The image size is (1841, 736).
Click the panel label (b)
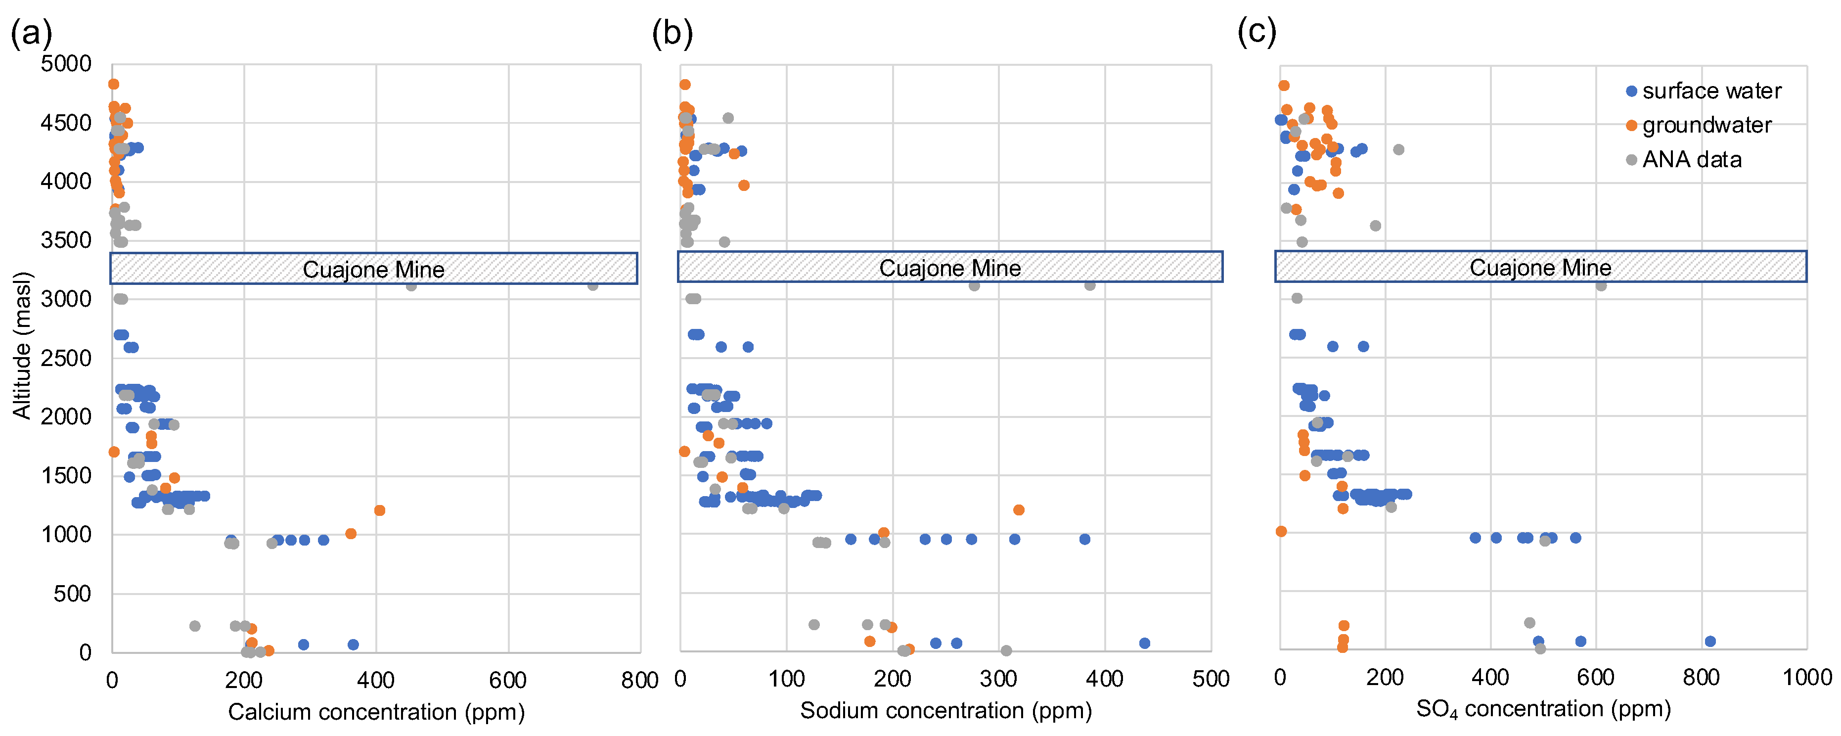pos(672,33)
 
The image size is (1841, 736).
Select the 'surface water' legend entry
pos(1710,91)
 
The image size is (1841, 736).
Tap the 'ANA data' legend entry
pos(1691,159)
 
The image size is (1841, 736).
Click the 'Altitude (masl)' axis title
pos(22,345)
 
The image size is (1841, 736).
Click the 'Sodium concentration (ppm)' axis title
pos(945,710)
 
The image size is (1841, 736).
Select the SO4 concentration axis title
pos(1543,709)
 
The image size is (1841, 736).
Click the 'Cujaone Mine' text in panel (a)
pos(373,270)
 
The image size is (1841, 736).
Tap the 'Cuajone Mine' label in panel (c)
pos(1540,267)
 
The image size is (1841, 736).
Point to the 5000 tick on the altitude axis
pos(66,64)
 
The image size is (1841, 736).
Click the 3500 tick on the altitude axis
pos(66,240)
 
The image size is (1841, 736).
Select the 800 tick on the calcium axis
pos(639,680)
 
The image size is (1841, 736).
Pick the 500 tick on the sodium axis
pos(1210,679)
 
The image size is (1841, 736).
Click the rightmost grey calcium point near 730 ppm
pos(592,285)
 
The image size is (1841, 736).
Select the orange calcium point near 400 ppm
pos(379,510)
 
